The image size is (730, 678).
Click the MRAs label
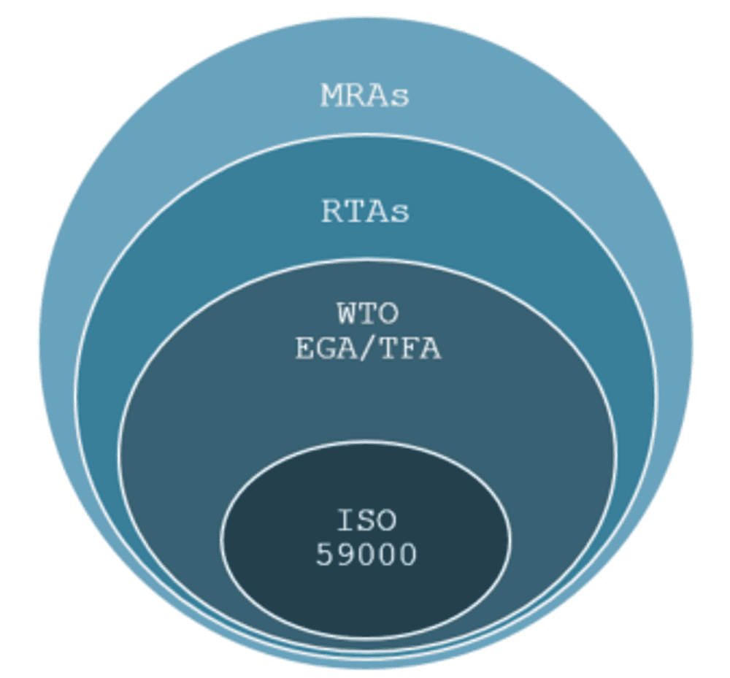point(365,96)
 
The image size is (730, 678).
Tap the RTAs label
point(366,211)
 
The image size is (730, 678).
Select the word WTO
point(368,313)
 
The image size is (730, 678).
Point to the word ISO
point(366,520)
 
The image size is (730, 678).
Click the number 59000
point(366,554)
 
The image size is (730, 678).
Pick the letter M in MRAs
point(332,96)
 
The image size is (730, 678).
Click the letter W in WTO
point(347,313)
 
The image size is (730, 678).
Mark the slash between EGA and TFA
point(368,348)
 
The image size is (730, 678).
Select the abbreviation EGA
point(327,348)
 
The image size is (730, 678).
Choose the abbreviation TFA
point(410,348)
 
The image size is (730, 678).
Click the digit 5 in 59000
point(325,554)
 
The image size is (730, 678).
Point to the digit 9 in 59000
point(345,554)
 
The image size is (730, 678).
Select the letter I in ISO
point(346,520)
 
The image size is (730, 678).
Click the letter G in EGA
point(327,348)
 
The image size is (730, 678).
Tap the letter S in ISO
point(366,520)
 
